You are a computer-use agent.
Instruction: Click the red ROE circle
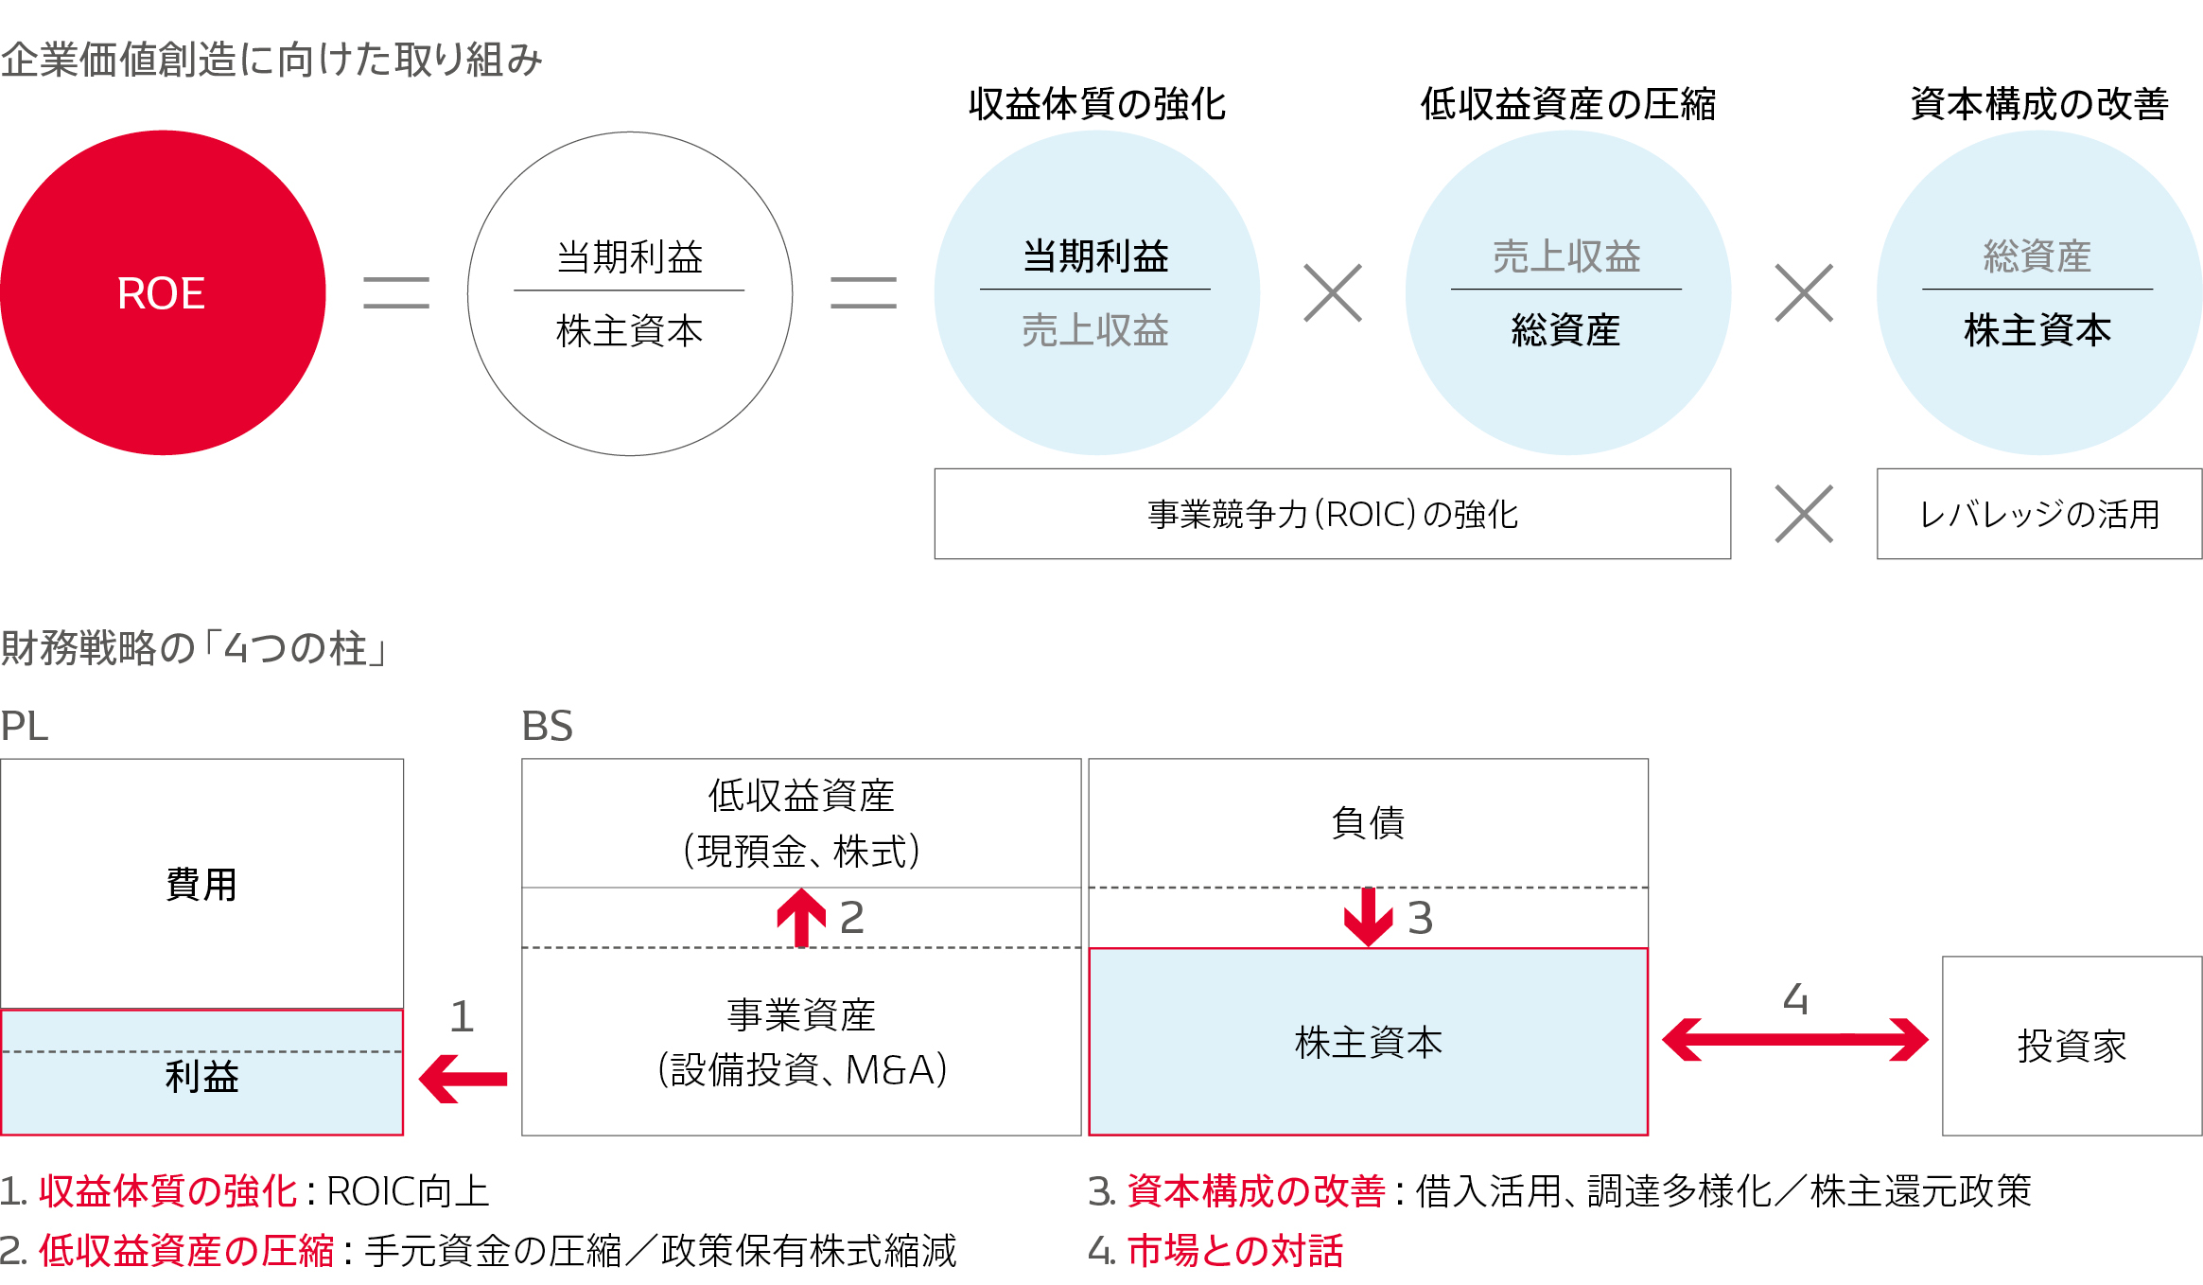(x=162, y=292)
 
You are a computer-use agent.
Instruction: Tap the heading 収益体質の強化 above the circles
(x=1096, y=104)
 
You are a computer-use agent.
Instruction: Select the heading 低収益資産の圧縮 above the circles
(x=1567, y=104)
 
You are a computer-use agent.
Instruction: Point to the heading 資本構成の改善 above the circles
(x=2038, y=104)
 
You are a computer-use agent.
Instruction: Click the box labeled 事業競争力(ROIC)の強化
(x=1332, y=514)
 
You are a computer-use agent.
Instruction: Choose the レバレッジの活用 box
(x=2038, y=514)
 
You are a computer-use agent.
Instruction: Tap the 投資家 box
(x=2072, y=1046)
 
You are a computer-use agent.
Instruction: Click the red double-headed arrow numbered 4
(x=1794, y=1039)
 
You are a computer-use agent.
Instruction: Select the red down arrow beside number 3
(x=1368, y=917)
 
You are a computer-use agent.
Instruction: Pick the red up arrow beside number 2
(x=801, y=917)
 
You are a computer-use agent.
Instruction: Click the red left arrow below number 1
(x=463, y=1079)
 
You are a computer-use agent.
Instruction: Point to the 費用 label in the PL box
(x=201, y=885)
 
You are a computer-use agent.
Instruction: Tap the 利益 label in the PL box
(x=201, y=1077)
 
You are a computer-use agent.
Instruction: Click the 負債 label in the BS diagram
(x=1368, y=822)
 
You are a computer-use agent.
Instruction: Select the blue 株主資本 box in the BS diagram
(x=1368, y=1042)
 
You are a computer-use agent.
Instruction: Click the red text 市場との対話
(x=1234, y=1251)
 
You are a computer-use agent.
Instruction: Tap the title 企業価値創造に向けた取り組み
(x=271, y=60)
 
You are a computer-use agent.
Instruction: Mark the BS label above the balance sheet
(x=547, y=726)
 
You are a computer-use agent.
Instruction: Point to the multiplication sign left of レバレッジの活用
(x=1804, y=514)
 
